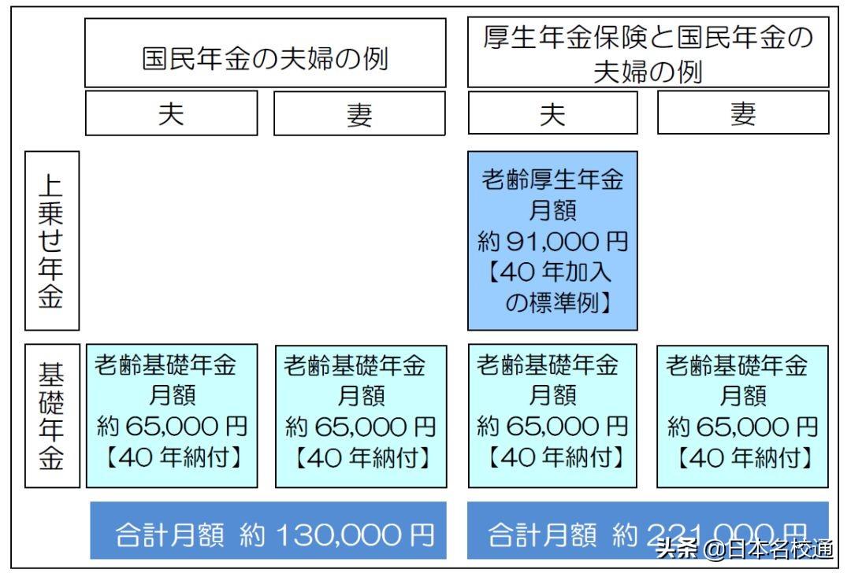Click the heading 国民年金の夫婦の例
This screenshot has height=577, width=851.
[x=265, y=61]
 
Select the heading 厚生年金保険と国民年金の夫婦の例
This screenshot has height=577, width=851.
[x=648, y=54]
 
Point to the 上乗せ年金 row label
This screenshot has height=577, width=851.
[x=52, y=241]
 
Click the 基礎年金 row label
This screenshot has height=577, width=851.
[x=52, y=416]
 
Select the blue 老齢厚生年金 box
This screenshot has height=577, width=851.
[x=552, y=240]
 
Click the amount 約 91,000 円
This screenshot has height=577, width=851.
[x=552, y=240]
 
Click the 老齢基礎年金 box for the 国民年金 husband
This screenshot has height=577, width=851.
[x=172, y=416]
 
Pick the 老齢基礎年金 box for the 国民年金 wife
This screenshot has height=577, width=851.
[x=361, y=416]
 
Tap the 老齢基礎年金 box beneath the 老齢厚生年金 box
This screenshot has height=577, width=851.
[x=552, y=416]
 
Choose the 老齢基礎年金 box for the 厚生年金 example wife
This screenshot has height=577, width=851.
[x=742, y=416]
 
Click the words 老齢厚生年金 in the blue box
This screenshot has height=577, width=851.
[x=552, y=180]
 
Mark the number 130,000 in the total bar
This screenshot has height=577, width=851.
[x=338, y=535]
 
